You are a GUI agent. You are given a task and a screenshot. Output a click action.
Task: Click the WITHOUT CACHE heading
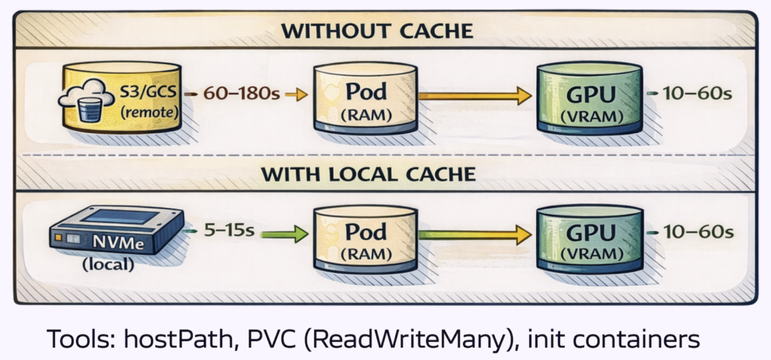(377, 32)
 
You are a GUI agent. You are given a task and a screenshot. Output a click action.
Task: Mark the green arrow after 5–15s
(283, 234)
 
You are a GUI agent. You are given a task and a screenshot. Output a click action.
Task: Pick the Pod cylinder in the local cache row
(366, 239)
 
